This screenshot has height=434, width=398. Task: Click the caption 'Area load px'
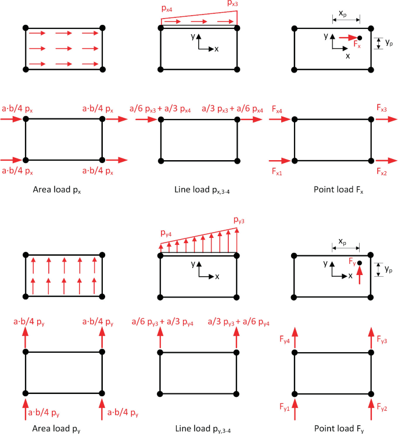tap(63, 189)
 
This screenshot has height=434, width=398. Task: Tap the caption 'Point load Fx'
tap(334, 189)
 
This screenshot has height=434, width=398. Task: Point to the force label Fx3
tap(382, 109)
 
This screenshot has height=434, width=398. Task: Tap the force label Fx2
tap(382, 172)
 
